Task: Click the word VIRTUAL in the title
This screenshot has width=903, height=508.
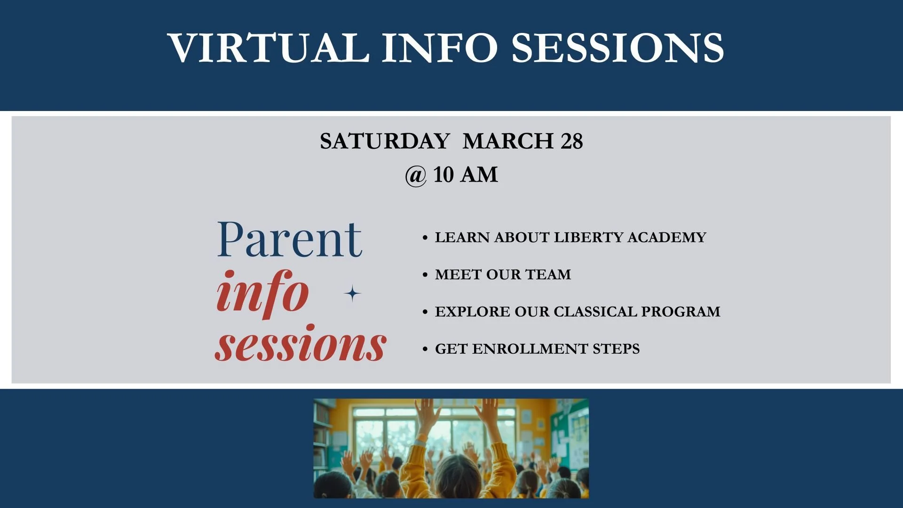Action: [268, 48]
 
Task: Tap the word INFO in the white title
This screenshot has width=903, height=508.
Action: [439, 48]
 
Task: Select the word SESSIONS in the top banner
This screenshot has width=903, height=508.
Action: [618, 48]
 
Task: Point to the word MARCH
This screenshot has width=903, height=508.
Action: [508, 141]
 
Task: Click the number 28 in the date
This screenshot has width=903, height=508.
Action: [572, 141]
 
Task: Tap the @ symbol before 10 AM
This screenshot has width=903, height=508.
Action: [416, 175]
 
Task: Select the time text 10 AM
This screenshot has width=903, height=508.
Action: [465, 175]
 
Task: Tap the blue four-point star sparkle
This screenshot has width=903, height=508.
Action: [352, 294]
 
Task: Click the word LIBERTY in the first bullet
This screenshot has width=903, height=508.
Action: [588, 237]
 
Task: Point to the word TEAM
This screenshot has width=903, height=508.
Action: [548, 274]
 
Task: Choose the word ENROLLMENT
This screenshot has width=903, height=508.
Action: [530, 349]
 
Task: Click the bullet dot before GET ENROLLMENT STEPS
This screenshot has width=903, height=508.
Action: [425, 349]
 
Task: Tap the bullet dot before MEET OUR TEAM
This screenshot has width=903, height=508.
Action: [425, 275]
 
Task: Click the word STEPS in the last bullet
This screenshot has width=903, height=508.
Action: [616, 349]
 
